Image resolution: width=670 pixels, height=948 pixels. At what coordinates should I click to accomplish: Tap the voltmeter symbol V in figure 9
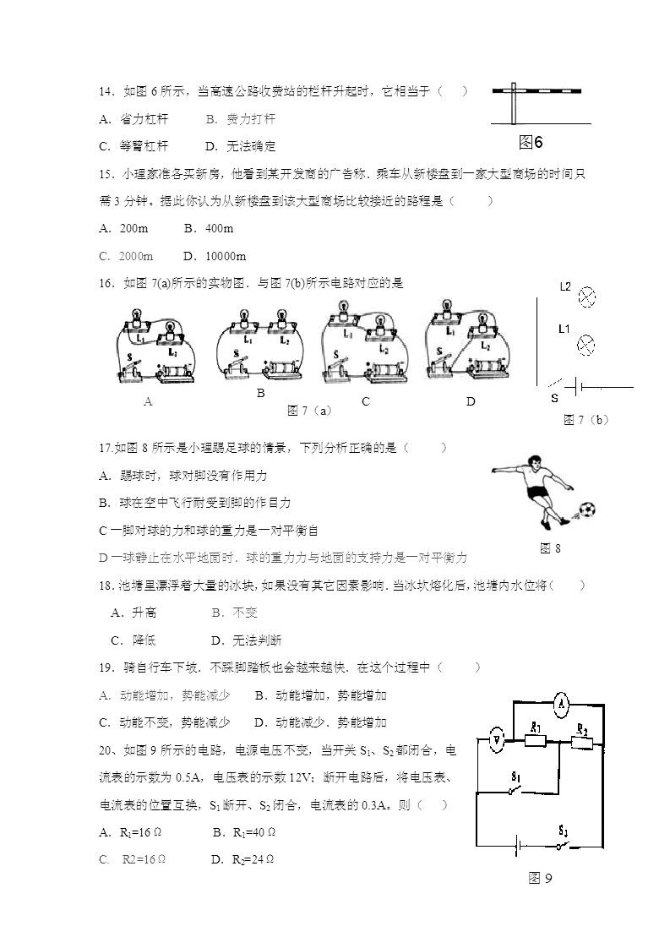pos(498,742)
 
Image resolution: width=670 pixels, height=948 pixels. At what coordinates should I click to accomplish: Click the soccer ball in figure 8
pos(586,509)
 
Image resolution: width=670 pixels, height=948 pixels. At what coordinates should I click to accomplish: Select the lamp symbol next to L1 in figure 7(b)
pos(586,344)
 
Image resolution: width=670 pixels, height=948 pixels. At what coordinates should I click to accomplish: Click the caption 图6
pos(531,141)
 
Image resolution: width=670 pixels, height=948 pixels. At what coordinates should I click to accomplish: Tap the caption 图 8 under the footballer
pos(550,548)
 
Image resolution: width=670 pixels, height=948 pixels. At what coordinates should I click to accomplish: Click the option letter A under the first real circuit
pos(148,402)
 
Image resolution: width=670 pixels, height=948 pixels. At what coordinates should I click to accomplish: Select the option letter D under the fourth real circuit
pos(471,402)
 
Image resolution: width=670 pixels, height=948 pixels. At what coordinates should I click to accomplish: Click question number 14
pos(106,91)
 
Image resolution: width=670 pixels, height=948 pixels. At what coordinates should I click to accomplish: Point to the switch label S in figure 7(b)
pos(554,397)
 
